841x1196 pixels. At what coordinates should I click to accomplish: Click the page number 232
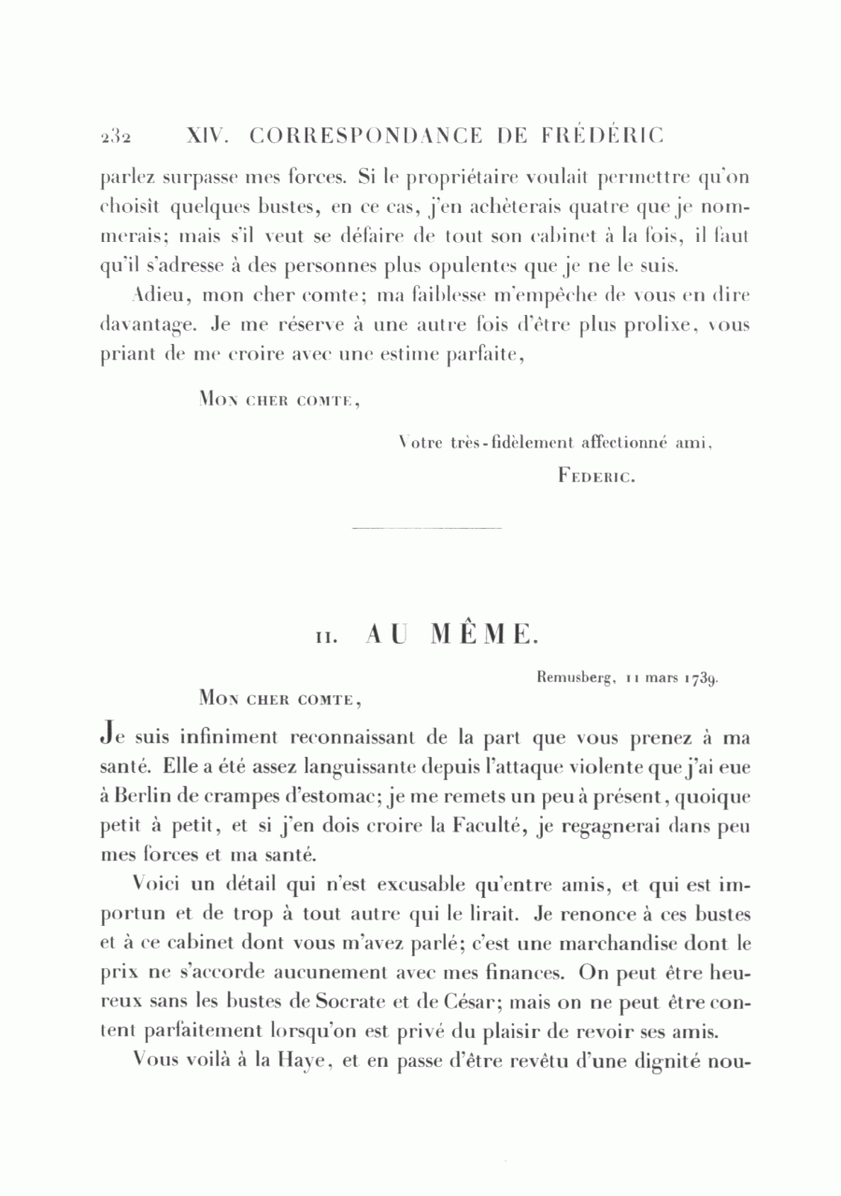pyautogui.click(x=116, y=136)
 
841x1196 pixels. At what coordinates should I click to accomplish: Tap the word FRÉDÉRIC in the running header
pyautogui.click(x=602, y=135)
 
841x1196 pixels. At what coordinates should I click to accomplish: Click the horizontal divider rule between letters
pyautogui.click(x=428, y=529)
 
